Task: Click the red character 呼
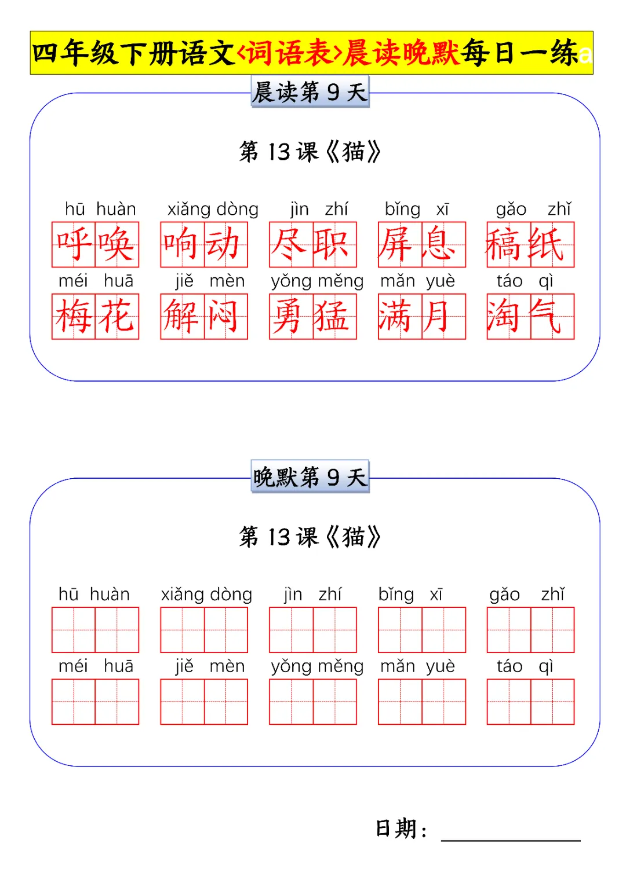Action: (x=74, y=244)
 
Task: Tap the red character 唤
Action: (x=117, y=244)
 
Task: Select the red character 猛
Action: (x=334, y=317)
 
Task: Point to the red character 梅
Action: (x=74, y=317)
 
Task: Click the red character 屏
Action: (x=400, y=244)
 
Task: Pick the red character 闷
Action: (x=225, y=317)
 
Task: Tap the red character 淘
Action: (x=509, y=317)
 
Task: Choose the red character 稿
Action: (x=509, y=244)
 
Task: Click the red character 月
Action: (x=443, y=317)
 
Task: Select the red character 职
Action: (x=334, y=244)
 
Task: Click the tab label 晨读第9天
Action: (x=310, y=93)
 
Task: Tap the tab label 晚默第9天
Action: (x=310, y=478)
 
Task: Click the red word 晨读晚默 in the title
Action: (x=400, y=53)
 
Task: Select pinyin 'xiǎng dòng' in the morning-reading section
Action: (x=213, y=209)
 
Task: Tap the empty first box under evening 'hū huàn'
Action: (x=74, y=630)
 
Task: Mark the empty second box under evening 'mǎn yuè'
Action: (x=443, y=702)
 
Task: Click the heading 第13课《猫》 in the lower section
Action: (x=310, y=537)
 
